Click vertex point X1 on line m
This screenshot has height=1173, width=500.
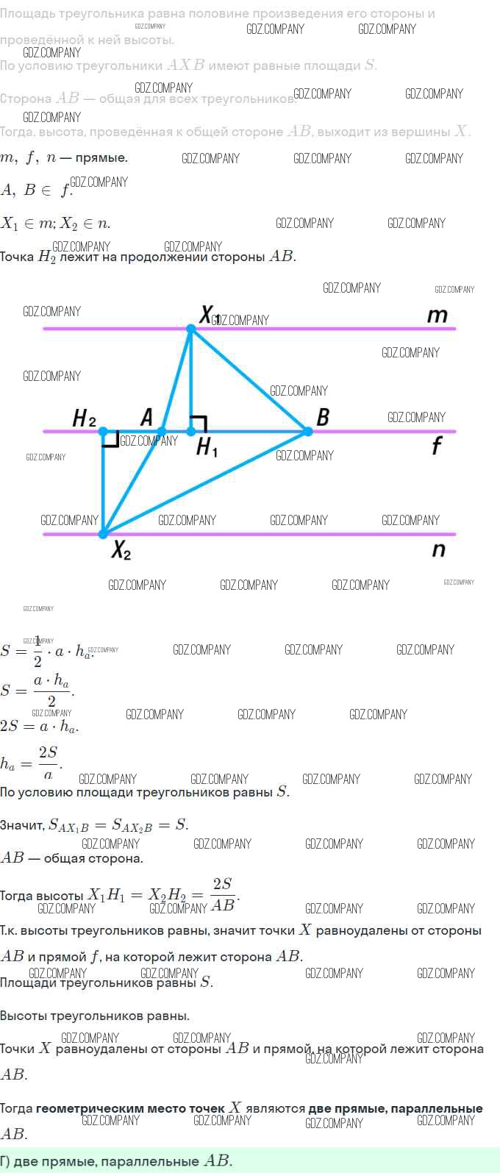click(190, 329)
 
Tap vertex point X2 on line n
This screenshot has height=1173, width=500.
click(104, 533)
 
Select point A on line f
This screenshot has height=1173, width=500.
click(162, 431)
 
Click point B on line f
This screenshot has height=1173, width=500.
click(307, 431)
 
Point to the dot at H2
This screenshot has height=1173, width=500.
click(104, 431)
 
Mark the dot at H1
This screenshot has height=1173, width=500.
click(191, 431)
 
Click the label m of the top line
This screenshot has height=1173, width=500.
click(437, 315)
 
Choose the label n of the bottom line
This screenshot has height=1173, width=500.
click(438, 549)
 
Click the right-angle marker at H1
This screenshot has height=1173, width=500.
click(199, 423)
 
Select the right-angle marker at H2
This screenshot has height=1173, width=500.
click(111, 439)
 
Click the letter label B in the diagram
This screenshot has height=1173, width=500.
click(322, 417)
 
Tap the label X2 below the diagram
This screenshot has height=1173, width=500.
click(121, 550)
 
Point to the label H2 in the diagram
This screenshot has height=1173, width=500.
click(84, 418)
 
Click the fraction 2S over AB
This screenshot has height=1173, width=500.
click(223, 894)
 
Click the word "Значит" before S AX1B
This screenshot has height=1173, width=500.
click(22, 825)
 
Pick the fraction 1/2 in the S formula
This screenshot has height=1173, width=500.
click(37, 651)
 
